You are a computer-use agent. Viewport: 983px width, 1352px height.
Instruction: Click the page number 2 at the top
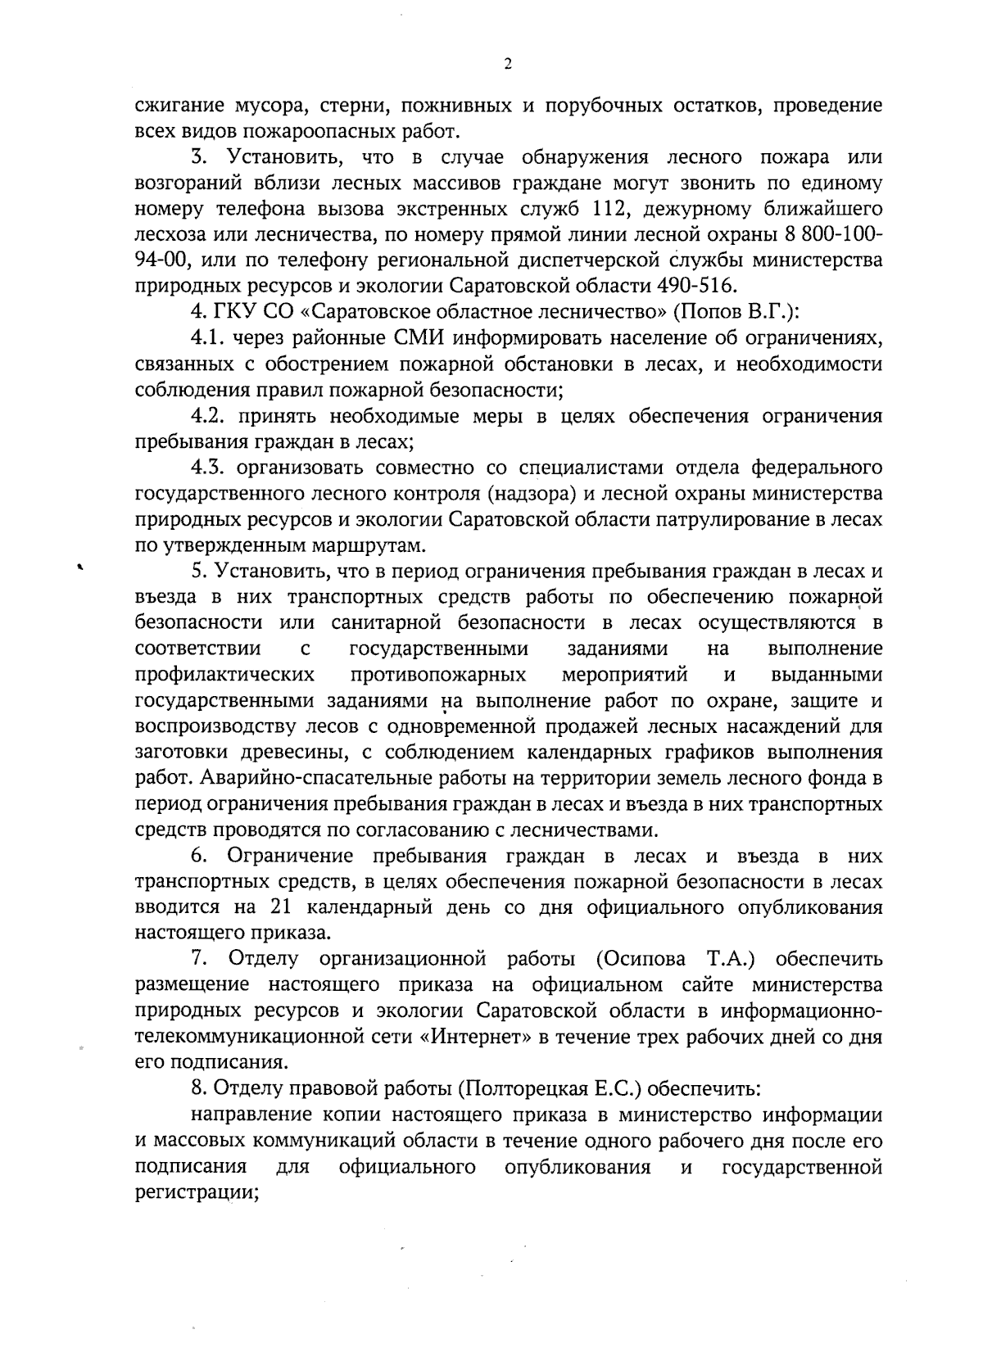click(x=507, y=66)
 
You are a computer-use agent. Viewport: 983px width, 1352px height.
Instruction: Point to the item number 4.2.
click(x=208, y=416)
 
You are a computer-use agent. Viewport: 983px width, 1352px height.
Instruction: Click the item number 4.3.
click(x=208, y=468)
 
